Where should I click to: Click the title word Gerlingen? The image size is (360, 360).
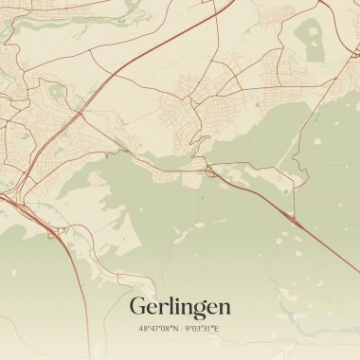coord(179,308)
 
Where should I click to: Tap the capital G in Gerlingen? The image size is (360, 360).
coord(138,306)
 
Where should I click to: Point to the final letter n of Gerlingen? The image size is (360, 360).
coord(224,308)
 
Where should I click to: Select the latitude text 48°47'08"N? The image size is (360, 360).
coord(157,329)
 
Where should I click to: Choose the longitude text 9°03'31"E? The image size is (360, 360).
coord(202,329)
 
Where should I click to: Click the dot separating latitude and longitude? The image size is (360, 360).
coord(180,329)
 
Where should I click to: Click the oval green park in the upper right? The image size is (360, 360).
coord(312,40)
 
